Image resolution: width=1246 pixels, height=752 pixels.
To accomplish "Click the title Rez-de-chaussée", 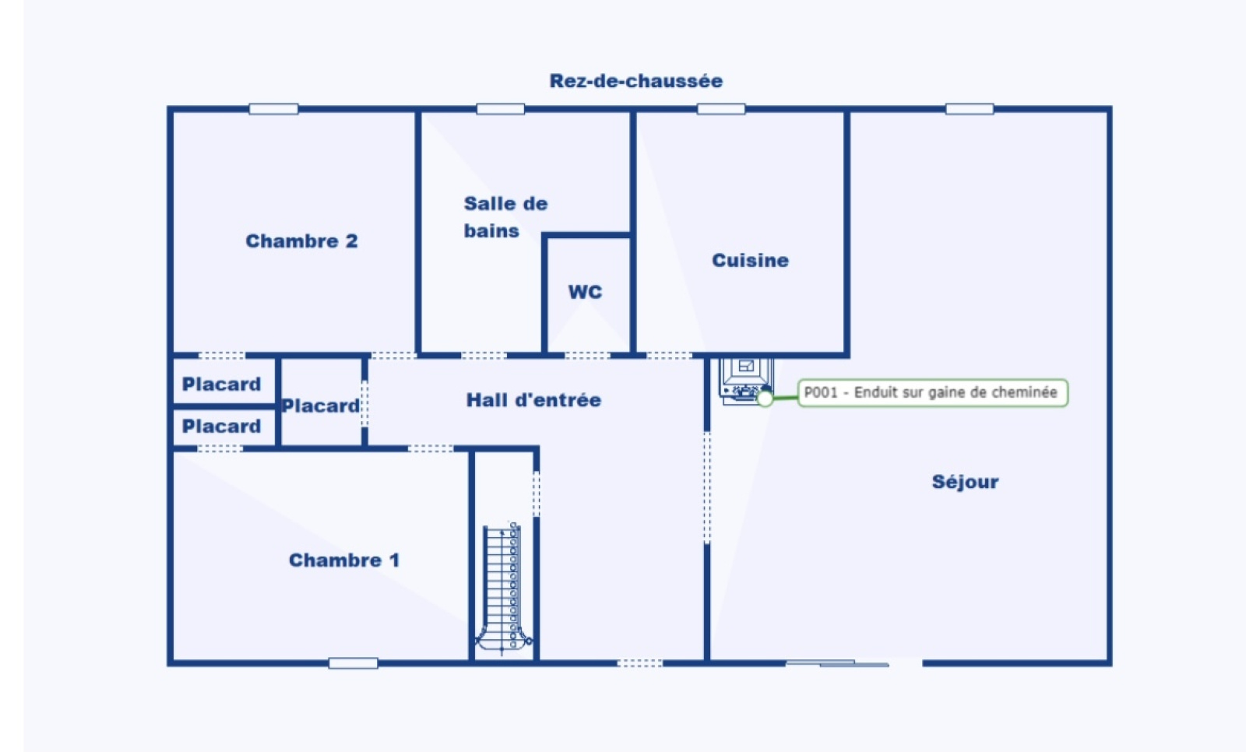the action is click(635, 81).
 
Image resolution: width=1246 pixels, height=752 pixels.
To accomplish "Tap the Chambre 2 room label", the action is click(301, 241).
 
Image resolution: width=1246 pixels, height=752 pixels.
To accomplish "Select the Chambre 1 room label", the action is click(344, 560).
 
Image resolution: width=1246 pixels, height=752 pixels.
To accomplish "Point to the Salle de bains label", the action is click(505, 217).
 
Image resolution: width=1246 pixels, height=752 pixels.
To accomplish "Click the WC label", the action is click(585, 292).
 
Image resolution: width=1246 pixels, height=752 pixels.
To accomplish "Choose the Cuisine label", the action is click(751, 260).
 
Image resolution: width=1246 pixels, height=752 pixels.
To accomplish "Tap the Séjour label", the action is click(965, 482).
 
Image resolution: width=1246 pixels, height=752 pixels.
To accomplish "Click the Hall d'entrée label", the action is click(533, 400).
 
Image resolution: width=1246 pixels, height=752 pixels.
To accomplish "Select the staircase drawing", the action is click(503, 588).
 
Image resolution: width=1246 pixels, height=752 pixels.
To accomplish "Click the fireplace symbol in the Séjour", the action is click(745, 381).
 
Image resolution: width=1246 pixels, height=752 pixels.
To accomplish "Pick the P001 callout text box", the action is click(932, 392).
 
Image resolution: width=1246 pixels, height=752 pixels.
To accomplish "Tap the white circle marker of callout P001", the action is click(766, 399).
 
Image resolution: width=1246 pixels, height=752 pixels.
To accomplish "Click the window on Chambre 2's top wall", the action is click(273, 109).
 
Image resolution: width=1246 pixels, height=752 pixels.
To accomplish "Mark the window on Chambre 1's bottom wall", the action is click(354, 663).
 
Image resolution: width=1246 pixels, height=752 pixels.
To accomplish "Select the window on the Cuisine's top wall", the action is click(721, 109).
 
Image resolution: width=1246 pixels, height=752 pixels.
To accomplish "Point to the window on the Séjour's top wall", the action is click(970, 109).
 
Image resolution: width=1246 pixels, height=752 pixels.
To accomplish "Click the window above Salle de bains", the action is click(501, 109).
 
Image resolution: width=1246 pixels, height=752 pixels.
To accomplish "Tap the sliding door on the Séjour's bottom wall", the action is click(837, 663).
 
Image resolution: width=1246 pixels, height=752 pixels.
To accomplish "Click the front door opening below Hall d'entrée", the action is click(640, 663).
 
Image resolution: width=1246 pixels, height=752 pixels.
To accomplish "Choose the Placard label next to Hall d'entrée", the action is click(320, 406).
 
